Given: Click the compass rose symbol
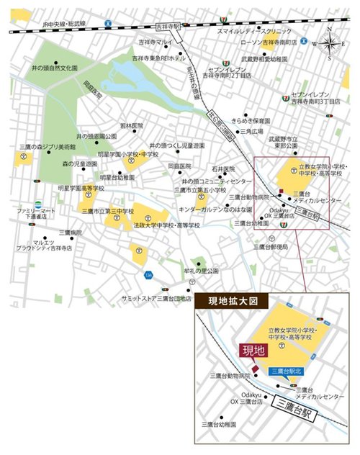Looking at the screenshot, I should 329,41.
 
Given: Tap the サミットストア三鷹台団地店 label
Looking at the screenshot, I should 156,297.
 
